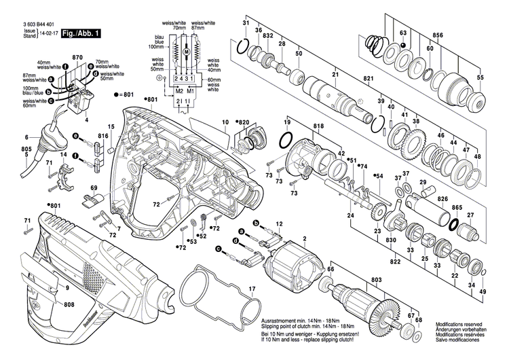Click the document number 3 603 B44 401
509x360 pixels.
(x=31, y=23)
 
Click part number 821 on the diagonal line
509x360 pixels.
(x=369, y=79)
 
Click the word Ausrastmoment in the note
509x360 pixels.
(x=276, y=320)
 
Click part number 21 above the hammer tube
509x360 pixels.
(x=335, y=75)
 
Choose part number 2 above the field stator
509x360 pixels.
(x=305, y=237)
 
